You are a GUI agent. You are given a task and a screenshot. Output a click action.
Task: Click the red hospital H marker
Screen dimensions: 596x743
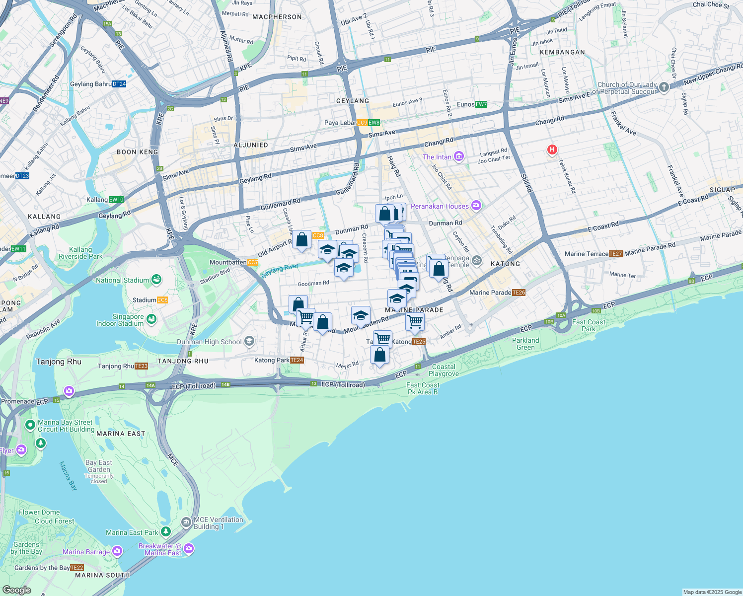click(551, 149)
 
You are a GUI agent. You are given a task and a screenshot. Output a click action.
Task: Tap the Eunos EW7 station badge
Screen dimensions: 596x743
click(481, 104)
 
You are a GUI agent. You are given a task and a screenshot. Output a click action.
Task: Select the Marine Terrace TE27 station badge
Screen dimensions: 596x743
click(615, 254)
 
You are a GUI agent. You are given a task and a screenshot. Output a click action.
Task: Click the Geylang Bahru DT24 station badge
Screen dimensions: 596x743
click(119, 84)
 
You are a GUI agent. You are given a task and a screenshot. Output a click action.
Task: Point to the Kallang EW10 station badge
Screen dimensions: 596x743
click(116, 200)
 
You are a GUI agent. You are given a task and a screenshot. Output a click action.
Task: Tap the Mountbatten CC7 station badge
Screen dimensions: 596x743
click(252, 262)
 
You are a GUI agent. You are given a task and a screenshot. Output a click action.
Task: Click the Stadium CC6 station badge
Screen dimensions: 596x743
click(162, 300)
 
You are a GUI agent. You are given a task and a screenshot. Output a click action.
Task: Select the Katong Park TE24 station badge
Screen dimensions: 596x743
click(297, 360)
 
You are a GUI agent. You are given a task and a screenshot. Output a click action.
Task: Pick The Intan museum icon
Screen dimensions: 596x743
click(458, 157)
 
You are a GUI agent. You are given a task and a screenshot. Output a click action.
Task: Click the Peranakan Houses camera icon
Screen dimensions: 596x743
click(476, 206)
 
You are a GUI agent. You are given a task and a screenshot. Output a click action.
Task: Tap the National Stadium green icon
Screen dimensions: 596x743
click(156, 280)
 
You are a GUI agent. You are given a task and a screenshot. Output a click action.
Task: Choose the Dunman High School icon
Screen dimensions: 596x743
click(249, 341)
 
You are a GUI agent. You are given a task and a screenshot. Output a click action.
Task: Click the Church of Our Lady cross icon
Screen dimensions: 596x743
click(664, 88)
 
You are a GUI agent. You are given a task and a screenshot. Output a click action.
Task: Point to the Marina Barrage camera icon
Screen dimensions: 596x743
click(117, 551)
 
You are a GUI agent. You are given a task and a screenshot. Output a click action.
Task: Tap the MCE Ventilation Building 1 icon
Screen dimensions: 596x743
click(186, 522)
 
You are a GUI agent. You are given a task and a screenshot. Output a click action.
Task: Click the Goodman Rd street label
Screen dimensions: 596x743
click(313, 284)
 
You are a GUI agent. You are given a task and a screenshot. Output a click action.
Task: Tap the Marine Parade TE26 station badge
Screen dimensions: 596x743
click(519, 293)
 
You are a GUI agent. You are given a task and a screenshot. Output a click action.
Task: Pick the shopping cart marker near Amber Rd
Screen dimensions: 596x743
click(415, 321)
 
